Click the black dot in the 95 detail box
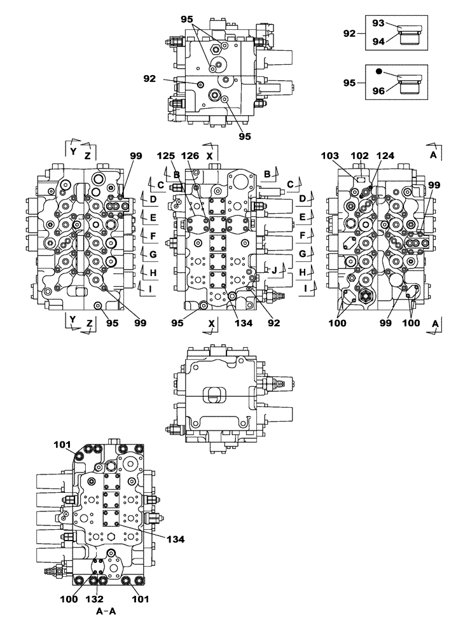[x=378, y=72]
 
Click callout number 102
[x=360, y=155]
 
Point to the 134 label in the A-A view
[x=176, y=539]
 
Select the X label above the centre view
[x=211, y=155]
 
